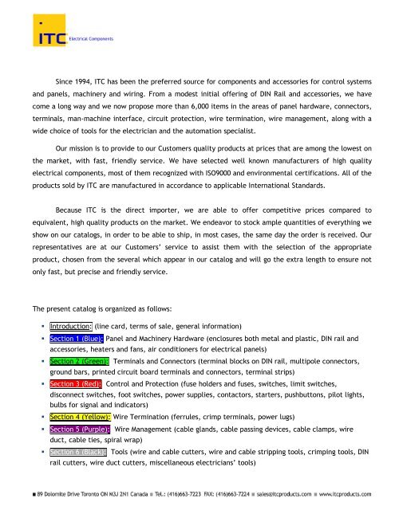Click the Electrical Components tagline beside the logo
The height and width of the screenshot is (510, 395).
point(90,38)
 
